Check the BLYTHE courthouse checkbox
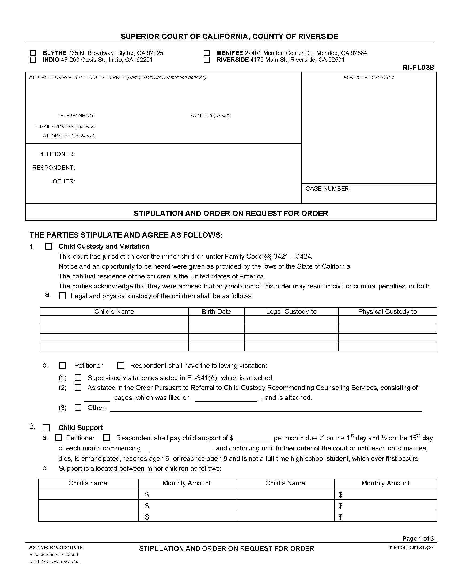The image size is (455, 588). [x=33, y=53]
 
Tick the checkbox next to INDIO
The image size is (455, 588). [x=33, y=60]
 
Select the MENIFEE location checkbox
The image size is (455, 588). [x=207, y=53]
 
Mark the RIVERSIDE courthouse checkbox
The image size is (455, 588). [x=207, y=60]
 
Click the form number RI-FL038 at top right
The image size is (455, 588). [x=418, y=68]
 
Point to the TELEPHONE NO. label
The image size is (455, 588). [x=76, y=116]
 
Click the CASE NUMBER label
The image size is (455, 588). [x=328, y=189]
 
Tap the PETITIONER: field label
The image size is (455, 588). [x=56, y=154]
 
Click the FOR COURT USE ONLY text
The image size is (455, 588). [x=369, y=78]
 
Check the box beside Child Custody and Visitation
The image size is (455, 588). [x=49, y=246]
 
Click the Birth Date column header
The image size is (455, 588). [x=216, y=311]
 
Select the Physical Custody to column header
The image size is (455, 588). [x=387, y=311]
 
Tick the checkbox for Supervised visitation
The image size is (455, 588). [x=78, y=377]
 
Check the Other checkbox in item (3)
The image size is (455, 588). [x=78, y=408]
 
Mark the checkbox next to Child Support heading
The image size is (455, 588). [x=46, y=428]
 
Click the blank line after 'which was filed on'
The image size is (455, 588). [x=226, y=398]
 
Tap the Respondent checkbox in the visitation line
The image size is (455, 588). [x=121, y=365]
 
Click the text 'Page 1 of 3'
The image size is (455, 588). [x=418, y=539]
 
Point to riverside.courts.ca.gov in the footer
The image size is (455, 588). [x=411, y=547]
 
